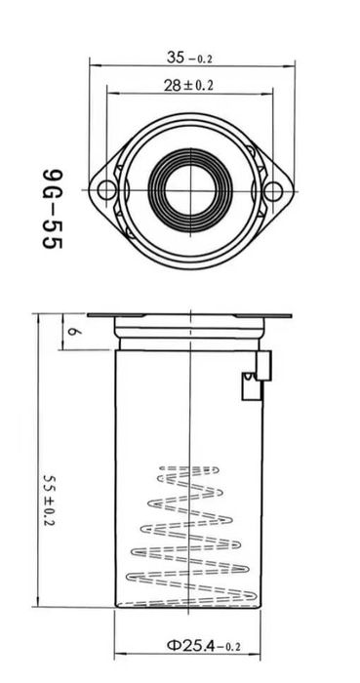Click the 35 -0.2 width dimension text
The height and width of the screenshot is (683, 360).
click(190, 58)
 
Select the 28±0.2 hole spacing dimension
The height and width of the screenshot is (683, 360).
click(188, 86)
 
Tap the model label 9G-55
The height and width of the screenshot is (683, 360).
click(53, 209)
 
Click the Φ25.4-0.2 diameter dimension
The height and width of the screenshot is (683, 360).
click(204, 645)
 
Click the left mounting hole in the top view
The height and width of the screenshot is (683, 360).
click(106, 190)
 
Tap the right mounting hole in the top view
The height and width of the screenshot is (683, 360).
click(273, 191)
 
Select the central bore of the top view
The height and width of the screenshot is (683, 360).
click(191, 190)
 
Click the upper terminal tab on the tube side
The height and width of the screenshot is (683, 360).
click(263, 366)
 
